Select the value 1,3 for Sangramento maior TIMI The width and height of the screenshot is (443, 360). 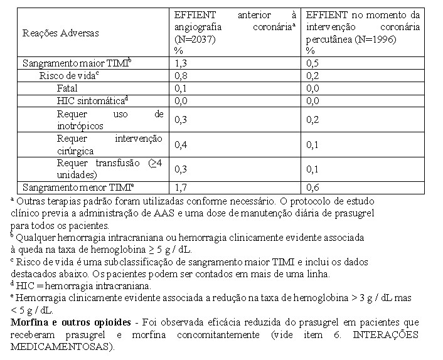point(180,63)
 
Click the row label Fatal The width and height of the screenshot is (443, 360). point(67,88)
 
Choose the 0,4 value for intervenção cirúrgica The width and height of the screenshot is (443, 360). point(180,145)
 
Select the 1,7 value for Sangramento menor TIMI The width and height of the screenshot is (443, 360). point(180,187)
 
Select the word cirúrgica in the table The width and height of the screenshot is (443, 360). point(75,151)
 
